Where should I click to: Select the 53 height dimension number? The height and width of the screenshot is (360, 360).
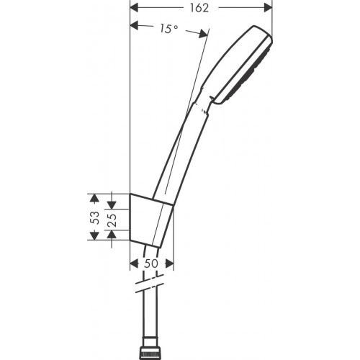[x=93, y=217]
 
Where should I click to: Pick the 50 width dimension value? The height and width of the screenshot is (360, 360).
[x=151, y=264]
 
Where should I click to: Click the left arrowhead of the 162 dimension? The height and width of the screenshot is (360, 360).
[x=134, y=8]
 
